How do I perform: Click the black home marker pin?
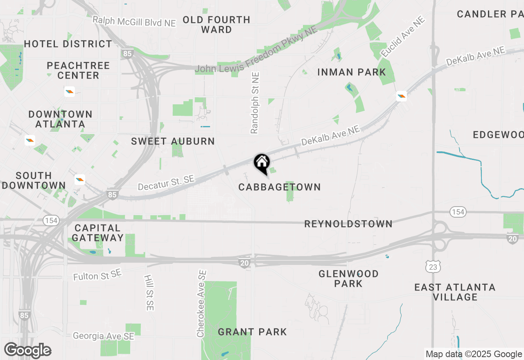click(262, 164)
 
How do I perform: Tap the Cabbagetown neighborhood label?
click(280, 187)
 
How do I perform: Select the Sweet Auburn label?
click(173, 142)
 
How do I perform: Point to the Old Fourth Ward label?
click(217, 25)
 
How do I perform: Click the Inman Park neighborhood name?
click(352, 72)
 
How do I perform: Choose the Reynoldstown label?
click(348, 224)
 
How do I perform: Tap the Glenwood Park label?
click(348, 278)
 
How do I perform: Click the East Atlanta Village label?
click(455, 292)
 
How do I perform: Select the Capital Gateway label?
click(97, 233)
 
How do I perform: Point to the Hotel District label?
click(68, 44)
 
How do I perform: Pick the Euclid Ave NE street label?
click(402, 37)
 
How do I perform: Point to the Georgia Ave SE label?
click(104, 336)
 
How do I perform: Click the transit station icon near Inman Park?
click(402, 96)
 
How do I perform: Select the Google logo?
click(28, 350)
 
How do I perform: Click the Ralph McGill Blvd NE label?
click(134, 22)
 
